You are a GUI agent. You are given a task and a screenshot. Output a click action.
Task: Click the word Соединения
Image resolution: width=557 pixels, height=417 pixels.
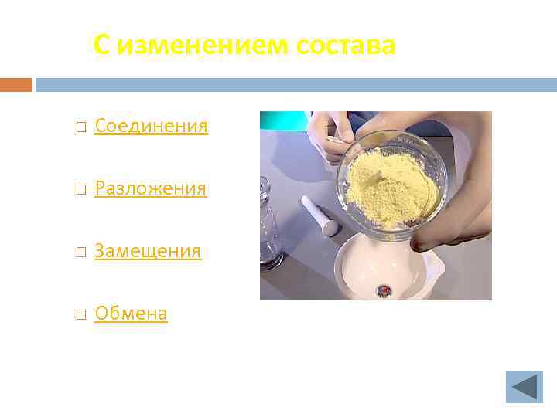151,126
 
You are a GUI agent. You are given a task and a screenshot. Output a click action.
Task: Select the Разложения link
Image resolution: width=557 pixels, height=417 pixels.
150,188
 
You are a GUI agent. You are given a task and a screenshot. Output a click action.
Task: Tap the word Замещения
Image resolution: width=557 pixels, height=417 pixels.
148,251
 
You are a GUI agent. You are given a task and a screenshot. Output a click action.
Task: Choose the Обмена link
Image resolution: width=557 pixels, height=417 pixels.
131,314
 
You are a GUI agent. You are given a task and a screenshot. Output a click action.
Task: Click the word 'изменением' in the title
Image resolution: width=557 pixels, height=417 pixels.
203,46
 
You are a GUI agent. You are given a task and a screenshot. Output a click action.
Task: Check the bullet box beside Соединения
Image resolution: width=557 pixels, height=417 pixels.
81,127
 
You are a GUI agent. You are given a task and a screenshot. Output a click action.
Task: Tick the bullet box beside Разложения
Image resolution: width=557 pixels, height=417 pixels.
81,189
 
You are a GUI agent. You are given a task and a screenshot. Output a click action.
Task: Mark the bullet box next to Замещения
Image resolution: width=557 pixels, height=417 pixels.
81,252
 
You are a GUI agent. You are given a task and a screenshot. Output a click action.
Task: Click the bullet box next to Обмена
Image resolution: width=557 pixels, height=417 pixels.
81,314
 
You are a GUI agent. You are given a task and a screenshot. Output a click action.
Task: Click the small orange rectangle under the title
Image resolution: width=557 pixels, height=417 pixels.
15,84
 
